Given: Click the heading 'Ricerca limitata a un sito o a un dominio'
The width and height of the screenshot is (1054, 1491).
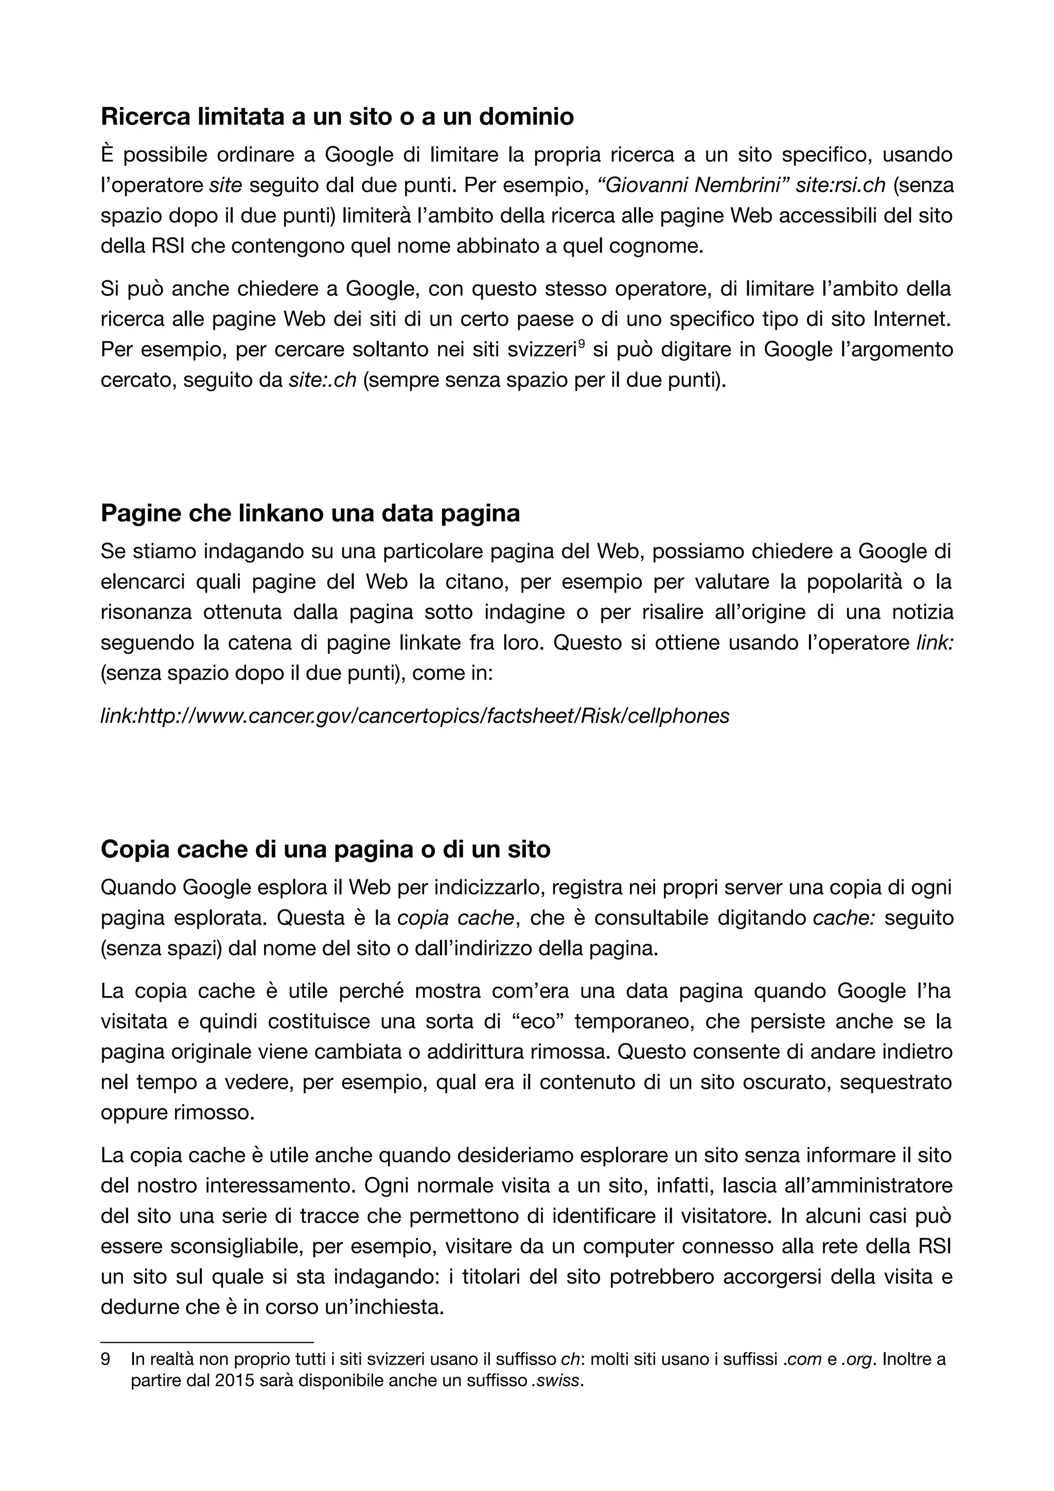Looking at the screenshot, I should [337, 117].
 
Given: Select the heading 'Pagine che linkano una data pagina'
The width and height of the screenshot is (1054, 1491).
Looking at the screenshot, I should [310, 513].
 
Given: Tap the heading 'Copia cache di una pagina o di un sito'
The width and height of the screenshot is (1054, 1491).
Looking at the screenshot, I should [325, 849].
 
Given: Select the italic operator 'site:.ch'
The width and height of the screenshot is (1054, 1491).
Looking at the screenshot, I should [322, 380].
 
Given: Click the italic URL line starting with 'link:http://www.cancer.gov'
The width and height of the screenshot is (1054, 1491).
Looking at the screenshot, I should [414, 716].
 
